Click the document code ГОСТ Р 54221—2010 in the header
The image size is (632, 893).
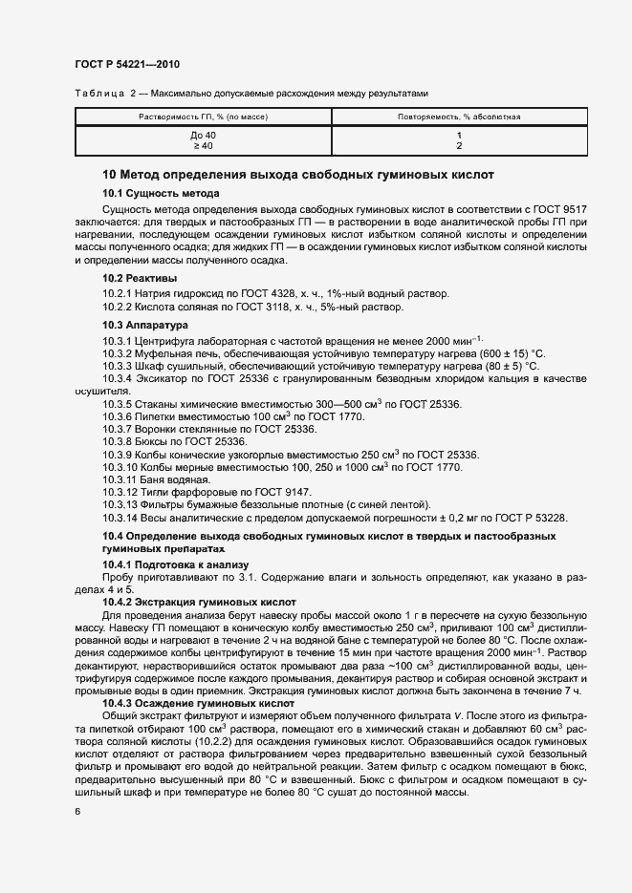[x=126, y=64]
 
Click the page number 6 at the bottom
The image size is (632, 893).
[x=77, y=812]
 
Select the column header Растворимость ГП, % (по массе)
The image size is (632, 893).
[x=204, y=117]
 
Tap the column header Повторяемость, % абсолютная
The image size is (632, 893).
[x=459, y=117]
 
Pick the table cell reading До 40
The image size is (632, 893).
[x=204, y=136]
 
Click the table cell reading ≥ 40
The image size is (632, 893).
[x=204, y=146]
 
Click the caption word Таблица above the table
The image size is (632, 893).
[x=93, y=93]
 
